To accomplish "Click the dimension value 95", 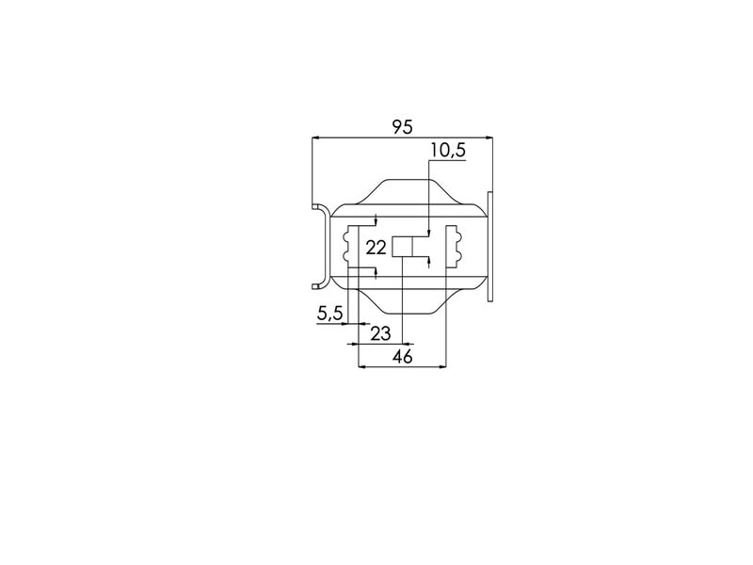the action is click(x=403, y=127).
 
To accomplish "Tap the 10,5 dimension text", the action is click(x=448, y=151).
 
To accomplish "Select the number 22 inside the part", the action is click(x=376, y=248).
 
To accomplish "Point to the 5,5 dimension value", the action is click(x=330, y=314).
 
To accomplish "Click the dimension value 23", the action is click(x=380, y=333).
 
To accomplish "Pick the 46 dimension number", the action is click(x=403, y=357).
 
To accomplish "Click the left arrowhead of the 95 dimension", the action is click(x=315, y=137).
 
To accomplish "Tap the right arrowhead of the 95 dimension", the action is click(x=489, y=137).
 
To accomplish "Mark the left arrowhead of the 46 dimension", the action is click(x=362, y=367).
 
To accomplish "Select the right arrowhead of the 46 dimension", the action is click(x=442, y=367).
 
